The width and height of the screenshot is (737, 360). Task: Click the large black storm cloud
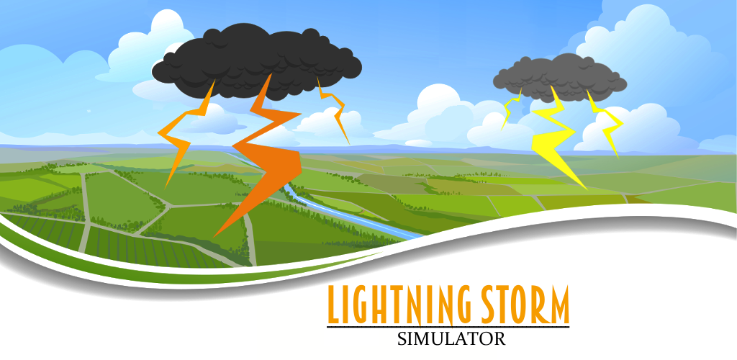[256, 61]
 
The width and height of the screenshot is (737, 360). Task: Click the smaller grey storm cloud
[559, 78]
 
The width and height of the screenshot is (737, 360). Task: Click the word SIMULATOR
[451, 339]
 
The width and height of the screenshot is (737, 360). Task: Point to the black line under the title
[448, 327]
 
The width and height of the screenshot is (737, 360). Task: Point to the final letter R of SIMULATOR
[500, 339]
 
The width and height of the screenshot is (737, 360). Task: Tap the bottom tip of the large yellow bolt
[587, 190]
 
